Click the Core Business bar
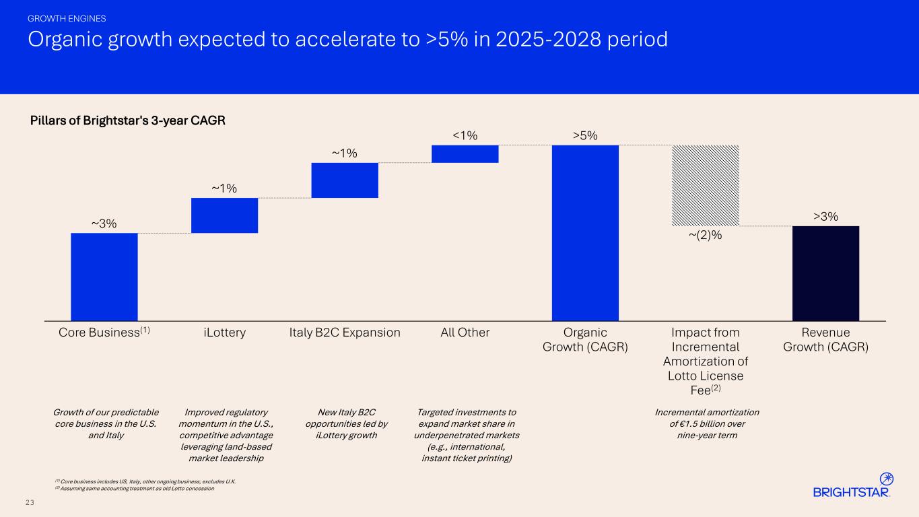click(x=104, y=277)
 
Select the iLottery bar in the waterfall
click(x=224, y=215)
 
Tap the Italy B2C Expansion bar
click(x=345, y=180)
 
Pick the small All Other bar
click(x=465, y=154)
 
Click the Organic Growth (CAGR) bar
click(x=585, y=233)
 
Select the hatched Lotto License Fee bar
click(x=706, y=186)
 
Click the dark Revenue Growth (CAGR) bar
click(x=825, y=273)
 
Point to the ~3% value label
click(x=104, y=223)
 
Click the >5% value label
click(x=585, y=136)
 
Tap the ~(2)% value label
click(x=705, y=235)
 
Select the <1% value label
click(x=465, y=136)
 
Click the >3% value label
click(x=825, y=216)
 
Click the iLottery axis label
click(x=224, y=333)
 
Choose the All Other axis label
click(x=465, y=333)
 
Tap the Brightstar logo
click(x=853, y=486)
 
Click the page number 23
click(x=30, y=502)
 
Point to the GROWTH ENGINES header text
click(x=67, y=18)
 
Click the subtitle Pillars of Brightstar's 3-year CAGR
click(x=128, y=121)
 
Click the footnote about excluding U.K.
click(x=145, y=481)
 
